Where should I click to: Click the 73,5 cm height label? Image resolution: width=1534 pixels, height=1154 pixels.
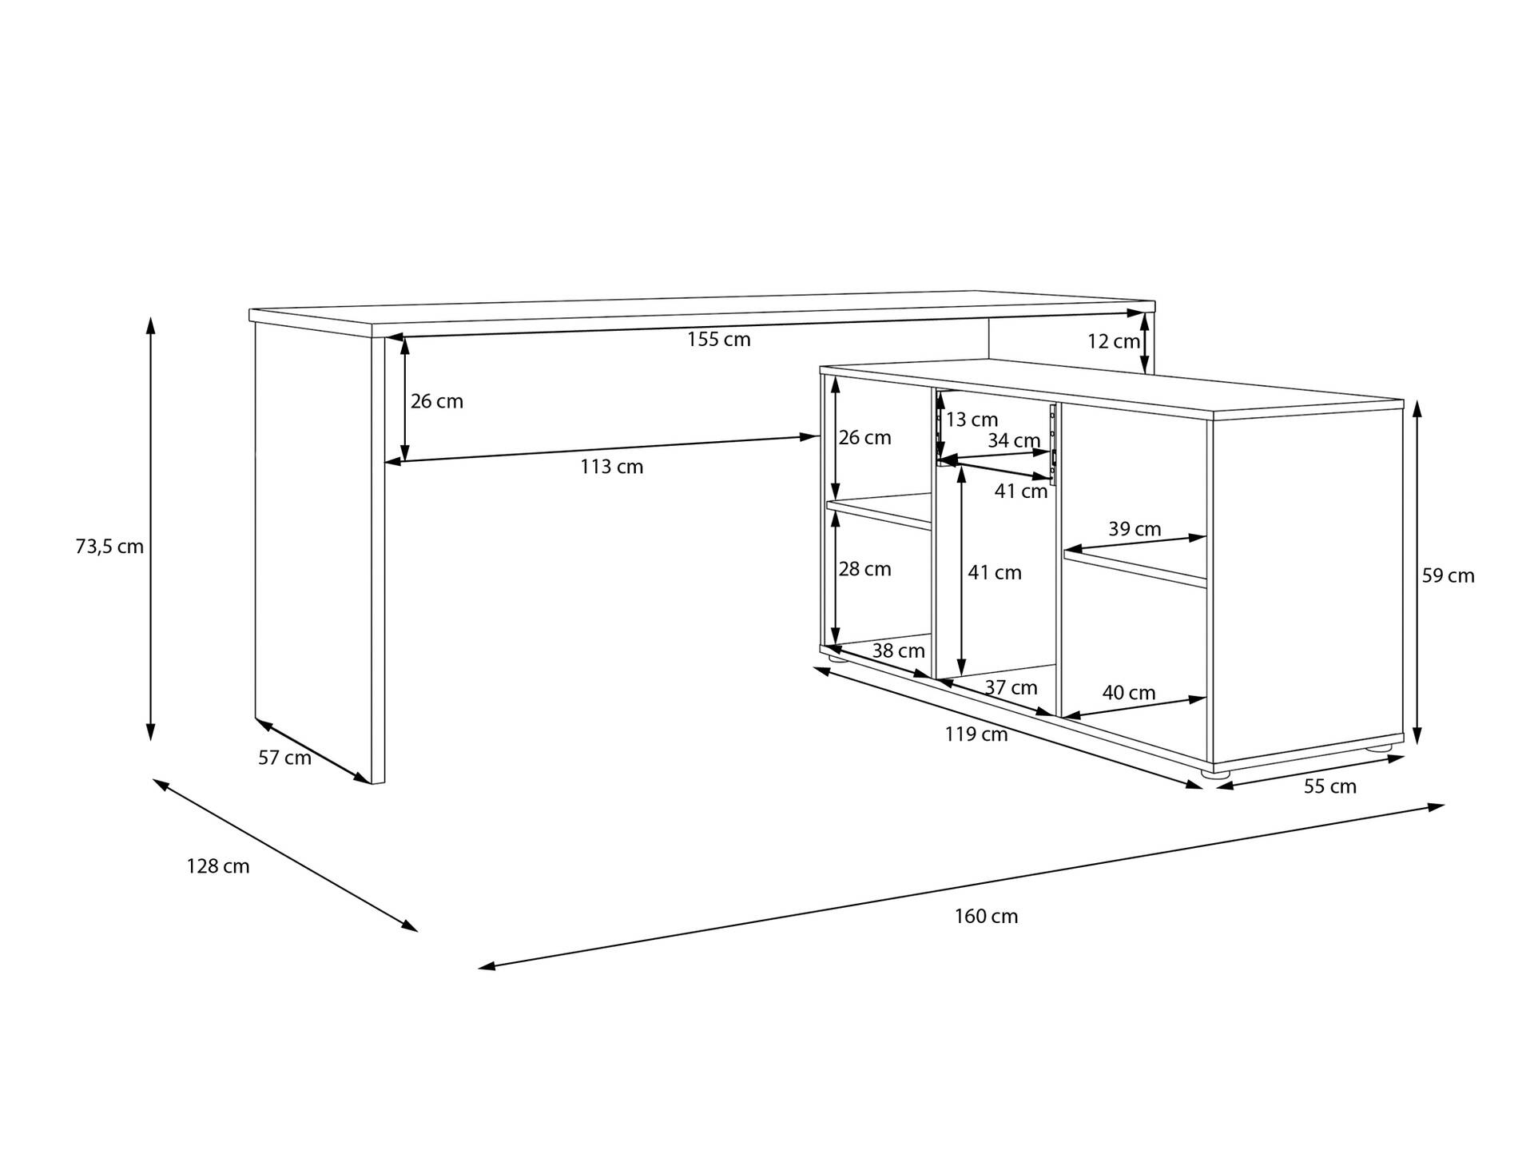tap(109, 547)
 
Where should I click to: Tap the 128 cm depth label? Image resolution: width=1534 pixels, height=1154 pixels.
tap(218, 866)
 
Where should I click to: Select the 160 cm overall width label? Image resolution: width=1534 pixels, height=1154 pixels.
tap(986, 917)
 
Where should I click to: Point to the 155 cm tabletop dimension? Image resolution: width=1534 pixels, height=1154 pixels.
tap(719, 340)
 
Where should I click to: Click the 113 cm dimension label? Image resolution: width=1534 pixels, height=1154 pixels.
tap(611, 467)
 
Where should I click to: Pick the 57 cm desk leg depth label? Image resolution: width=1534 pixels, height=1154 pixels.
tap(284, 758)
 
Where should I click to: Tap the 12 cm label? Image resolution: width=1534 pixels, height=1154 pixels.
tap(1114, 342)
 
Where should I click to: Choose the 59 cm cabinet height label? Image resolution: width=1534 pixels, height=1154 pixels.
tap(1448, 576)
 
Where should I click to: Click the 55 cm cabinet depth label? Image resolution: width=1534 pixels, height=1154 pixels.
tap(1330, 787)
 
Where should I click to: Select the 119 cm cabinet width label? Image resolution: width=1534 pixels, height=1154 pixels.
tap(976, 734)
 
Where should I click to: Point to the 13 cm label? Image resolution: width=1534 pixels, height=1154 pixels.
tap(972, 420)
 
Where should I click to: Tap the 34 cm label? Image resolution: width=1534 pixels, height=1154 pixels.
tap(1014, 440)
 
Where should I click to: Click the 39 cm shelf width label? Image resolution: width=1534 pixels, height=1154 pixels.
tap(1135, 529)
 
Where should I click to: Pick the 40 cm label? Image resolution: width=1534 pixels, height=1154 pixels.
tap(1129, 693)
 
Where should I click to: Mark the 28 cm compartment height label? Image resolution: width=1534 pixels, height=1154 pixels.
tap(864, 569)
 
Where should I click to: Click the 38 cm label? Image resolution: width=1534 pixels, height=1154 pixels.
tap(898, 651)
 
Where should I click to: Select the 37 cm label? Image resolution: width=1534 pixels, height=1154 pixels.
tap(1011, 688)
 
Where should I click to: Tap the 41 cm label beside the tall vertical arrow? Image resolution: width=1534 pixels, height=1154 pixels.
tap(995, 573)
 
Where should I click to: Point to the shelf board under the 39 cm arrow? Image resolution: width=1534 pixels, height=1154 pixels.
tap(1135, 568)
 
